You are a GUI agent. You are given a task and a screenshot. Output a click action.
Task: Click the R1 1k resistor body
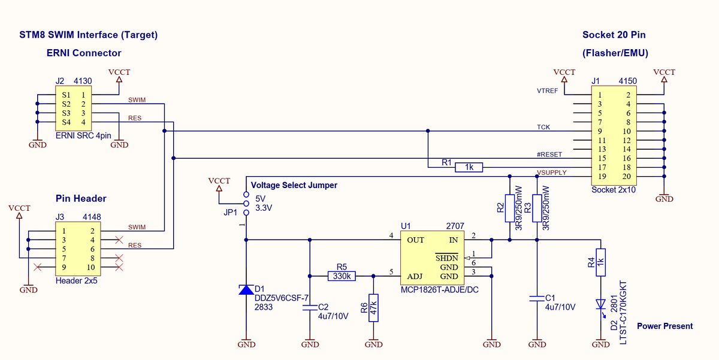[468, 168]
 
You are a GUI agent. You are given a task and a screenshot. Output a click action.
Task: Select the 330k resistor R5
[342, 276]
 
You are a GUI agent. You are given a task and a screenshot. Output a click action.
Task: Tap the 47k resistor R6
[373, 308]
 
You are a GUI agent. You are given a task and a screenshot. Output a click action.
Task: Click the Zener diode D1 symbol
[246, 290]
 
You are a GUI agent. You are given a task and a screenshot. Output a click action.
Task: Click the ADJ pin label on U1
[415, 276]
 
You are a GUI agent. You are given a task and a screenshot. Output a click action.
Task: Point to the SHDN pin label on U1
[446, 258]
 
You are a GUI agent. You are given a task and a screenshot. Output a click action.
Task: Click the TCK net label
[543, 127]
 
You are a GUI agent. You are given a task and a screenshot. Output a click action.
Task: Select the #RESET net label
[549, 154]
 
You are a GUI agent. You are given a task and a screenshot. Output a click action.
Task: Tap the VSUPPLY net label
[552, 173]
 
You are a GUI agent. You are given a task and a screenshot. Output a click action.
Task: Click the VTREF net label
[548, 90]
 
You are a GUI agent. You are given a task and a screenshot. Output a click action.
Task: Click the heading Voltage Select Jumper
[294, 185]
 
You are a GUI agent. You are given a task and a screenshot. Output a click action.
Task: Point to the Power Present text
[664, 326]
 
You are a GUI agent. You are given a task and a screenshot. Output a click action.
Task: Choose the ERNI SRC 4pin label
[83, 135]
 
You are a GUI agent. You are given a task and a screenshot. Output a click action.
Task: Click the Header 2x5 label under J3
[76, 280]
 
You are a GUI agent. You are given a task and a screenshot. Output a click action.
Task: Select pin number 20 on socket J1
[627, 177]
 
